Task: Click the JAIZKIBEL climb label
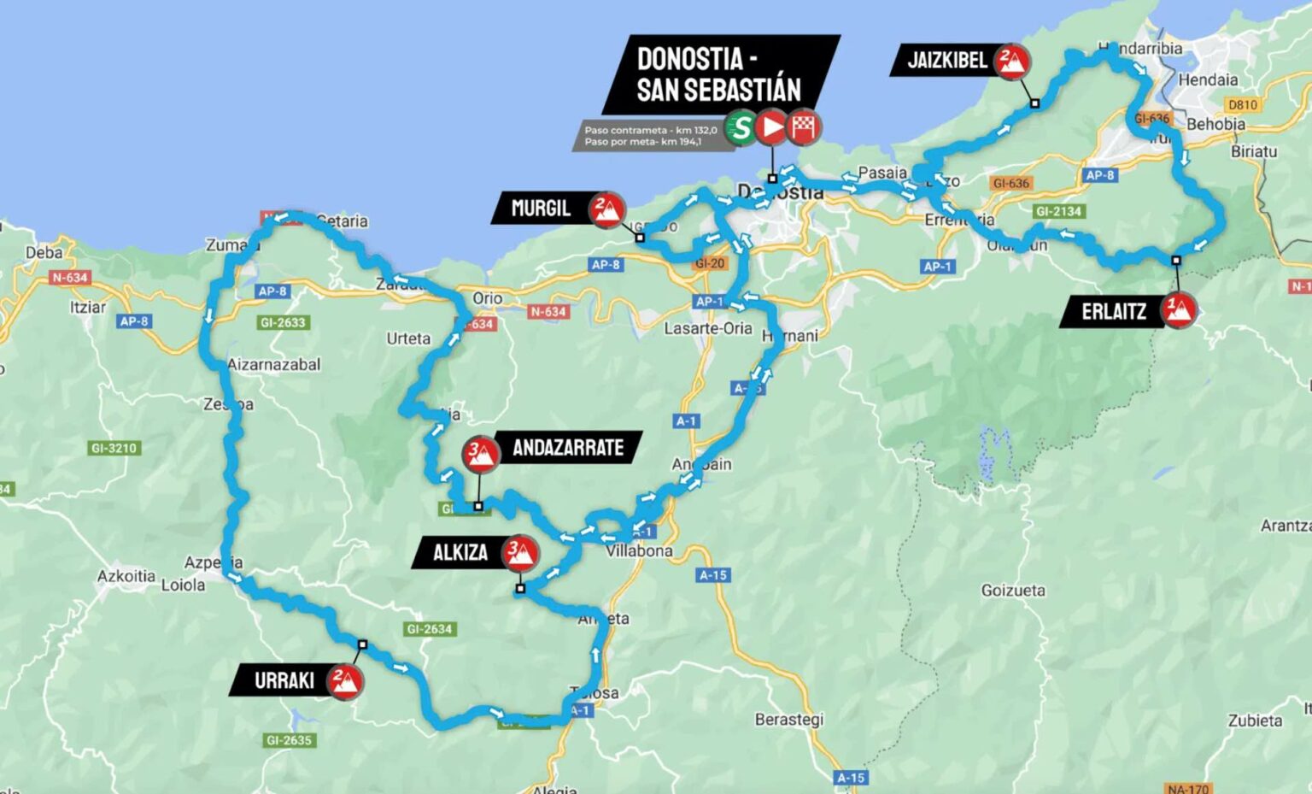tap(946, 61)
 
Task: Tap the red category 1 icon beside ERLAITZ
tap(1179, 310)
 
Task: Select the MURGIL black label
tap(540, 209)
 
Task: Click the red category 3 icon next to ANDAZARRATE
tap(480, 454)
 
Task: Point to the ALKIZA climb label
tap(460, 553)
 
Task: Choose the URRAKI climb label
tap(284, 681)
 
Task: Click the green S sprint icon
tap(741, 128)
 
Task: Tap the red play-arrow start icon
tap(771, 128)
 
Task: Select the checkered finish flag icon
tap(803, 128)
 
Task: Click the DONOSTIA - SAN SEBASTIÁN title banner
tap(719, 74)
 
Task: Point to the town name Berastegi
tap(788, 720)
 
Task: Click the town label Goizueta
tap(1012, 591)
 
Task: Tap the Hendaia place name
tap(1208, 79)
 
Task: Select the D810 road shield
tap(1242, 104)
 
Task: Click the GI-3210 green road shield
tap(114, 448)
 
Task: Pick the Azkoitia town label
tap(126, 576)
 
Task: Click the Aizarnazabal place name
tap(274, 365)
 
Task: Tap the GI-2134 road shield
tap(1058, 211)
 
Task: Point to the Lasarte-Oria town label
tap(708, 328)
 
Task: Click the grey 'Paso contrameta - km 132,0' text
tap(650, 131)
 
